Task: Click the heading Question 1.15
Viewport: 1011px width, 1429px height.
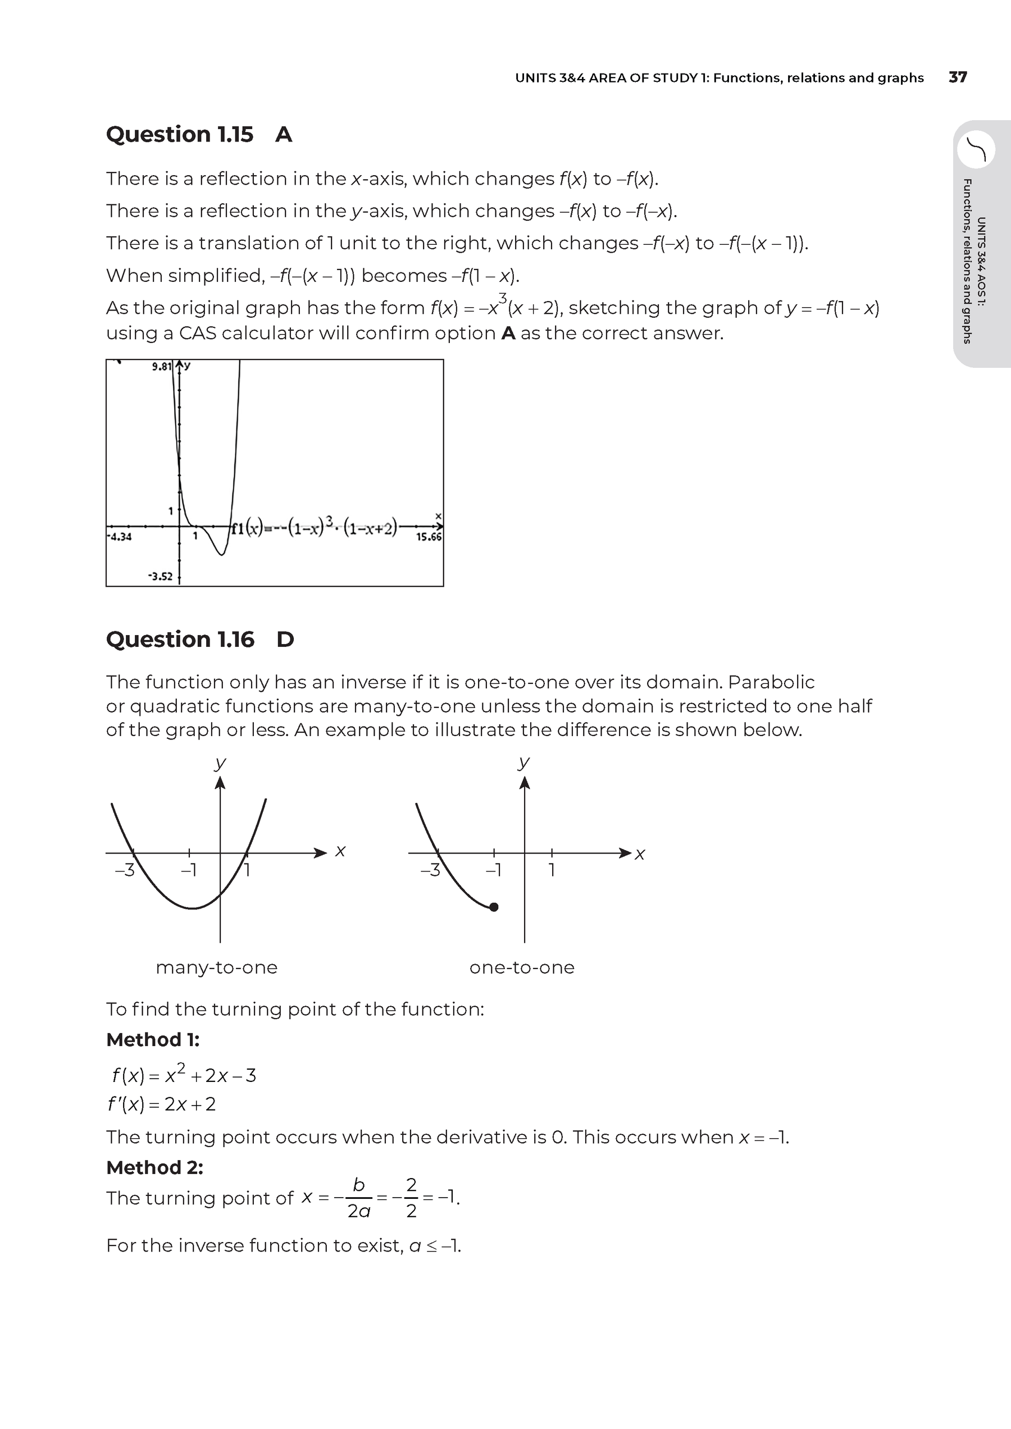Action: pos(179,134)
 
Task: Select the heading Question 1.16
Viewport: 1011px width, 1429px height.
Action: pos(180,639)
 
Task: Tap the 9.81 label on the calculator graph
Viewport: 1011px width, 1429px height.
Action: pos(162,367)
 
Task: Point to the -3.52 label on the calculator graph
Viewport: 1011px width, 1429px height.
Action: pos(160,576)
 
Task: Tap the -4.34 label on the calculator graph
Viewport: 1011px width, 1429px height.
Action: pos(120,536)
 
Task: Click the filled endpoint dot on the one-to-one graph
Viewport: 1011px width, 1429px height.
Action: pos(494,907)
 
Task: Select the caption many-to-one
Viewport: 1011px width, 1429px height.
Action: pos(217,967)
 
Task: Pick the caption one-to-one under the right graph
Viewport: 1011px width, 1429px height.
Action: pos(522,967)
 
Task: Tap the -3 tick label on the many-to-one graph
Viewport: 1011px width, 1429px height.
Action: pos(125,870)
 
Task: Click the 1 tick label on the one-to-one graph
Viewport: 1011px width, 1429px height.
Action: pos(552,870)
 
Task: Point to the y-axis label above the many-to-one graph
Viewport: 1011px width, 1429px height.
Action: pos(220,763)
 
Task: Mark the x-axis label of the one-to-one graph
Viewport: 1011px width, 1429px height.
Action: pos(640,855)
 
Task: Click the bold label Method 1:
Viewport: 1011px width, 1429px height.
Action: pos(153,1039)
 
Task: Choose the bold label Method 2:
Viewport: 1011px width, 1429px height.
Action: pos(154,1167)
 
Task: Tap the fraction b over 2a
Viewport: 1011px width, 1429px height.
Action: pos(358,1198)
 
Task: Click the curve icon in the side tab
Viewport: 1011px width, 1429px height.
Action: pos(976,149)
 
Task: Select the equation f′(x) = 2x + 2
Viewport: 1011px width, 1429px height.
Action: pos(161,1104)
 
